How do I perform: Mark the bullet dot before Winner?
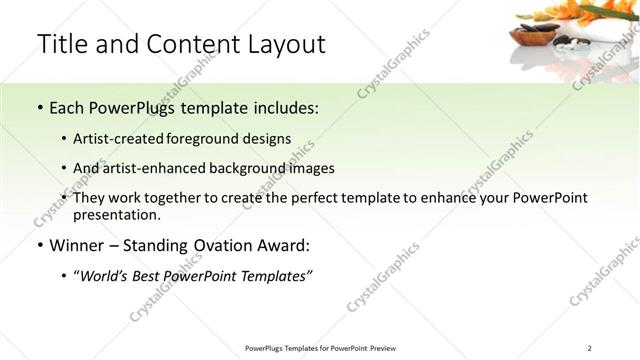tap(38, 246)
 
